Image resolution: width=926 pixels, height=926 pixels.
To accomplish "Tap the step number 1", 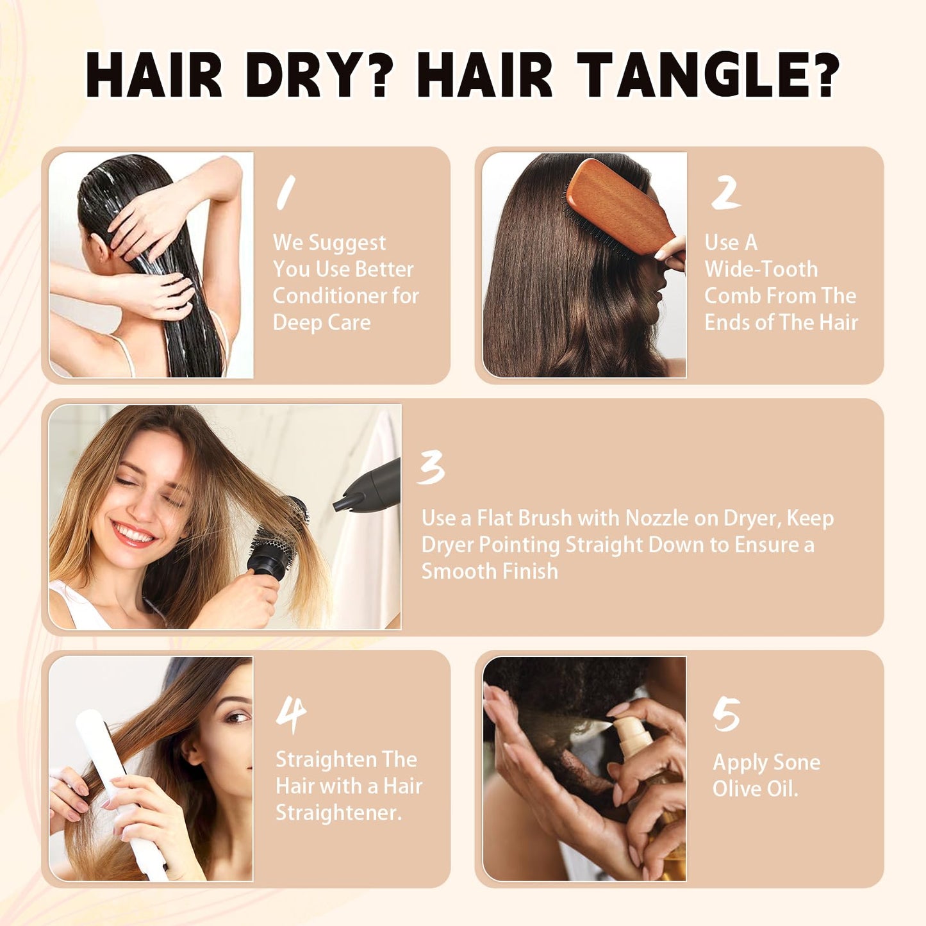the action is tap(286, 193).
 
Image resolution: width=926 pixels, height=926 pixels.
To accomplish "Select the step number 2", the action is tap(725, 192).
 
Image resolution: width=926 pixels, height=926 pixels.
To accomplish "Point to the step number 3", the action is tap(431, 468).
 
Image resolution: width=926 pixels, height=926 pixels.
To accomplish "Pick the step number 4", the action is tap(291, 716).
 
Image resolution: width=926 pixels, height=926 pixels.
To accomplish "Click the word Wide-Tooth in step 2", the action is tap(761, 269).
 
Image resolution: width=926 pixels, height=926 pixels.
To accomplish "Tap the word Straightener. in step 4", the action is tap(339, 813).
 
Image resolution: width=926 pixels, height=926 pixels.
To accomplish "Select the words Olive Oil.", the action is tap(755, 789).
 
